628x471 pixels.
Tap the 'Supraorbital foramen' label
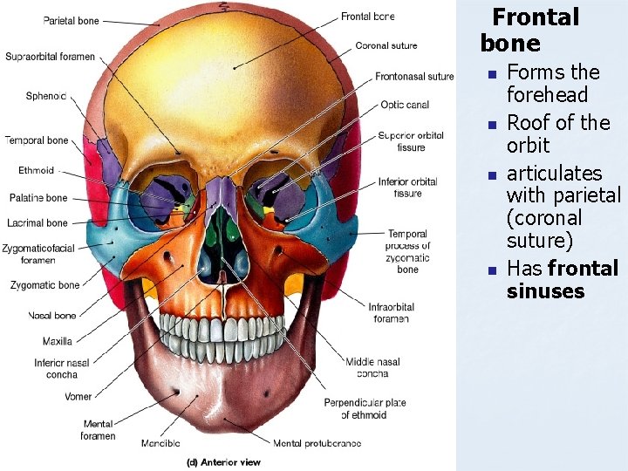(50, 57)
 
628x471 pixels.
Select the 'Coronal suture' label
(386, 45)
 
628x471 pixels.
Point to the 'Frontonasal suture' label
(414, 77)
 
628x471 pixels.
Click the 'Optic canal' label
(405, 106)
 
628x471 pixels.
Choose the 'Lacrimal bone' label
(38, 223)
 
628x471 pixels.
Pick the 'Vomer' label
(78, 397)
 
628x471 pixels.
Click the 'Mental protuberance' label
(317, 444)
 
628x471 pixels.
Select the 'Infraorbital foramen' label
(391, 312)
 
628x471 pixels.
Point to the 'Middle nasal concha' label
(372, 368)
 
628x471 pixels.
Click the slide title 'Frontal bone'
(529, 30)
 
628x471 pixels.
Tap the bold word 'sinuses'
(545, 290)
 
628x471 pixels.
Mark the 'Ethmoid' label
(36, 171)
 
